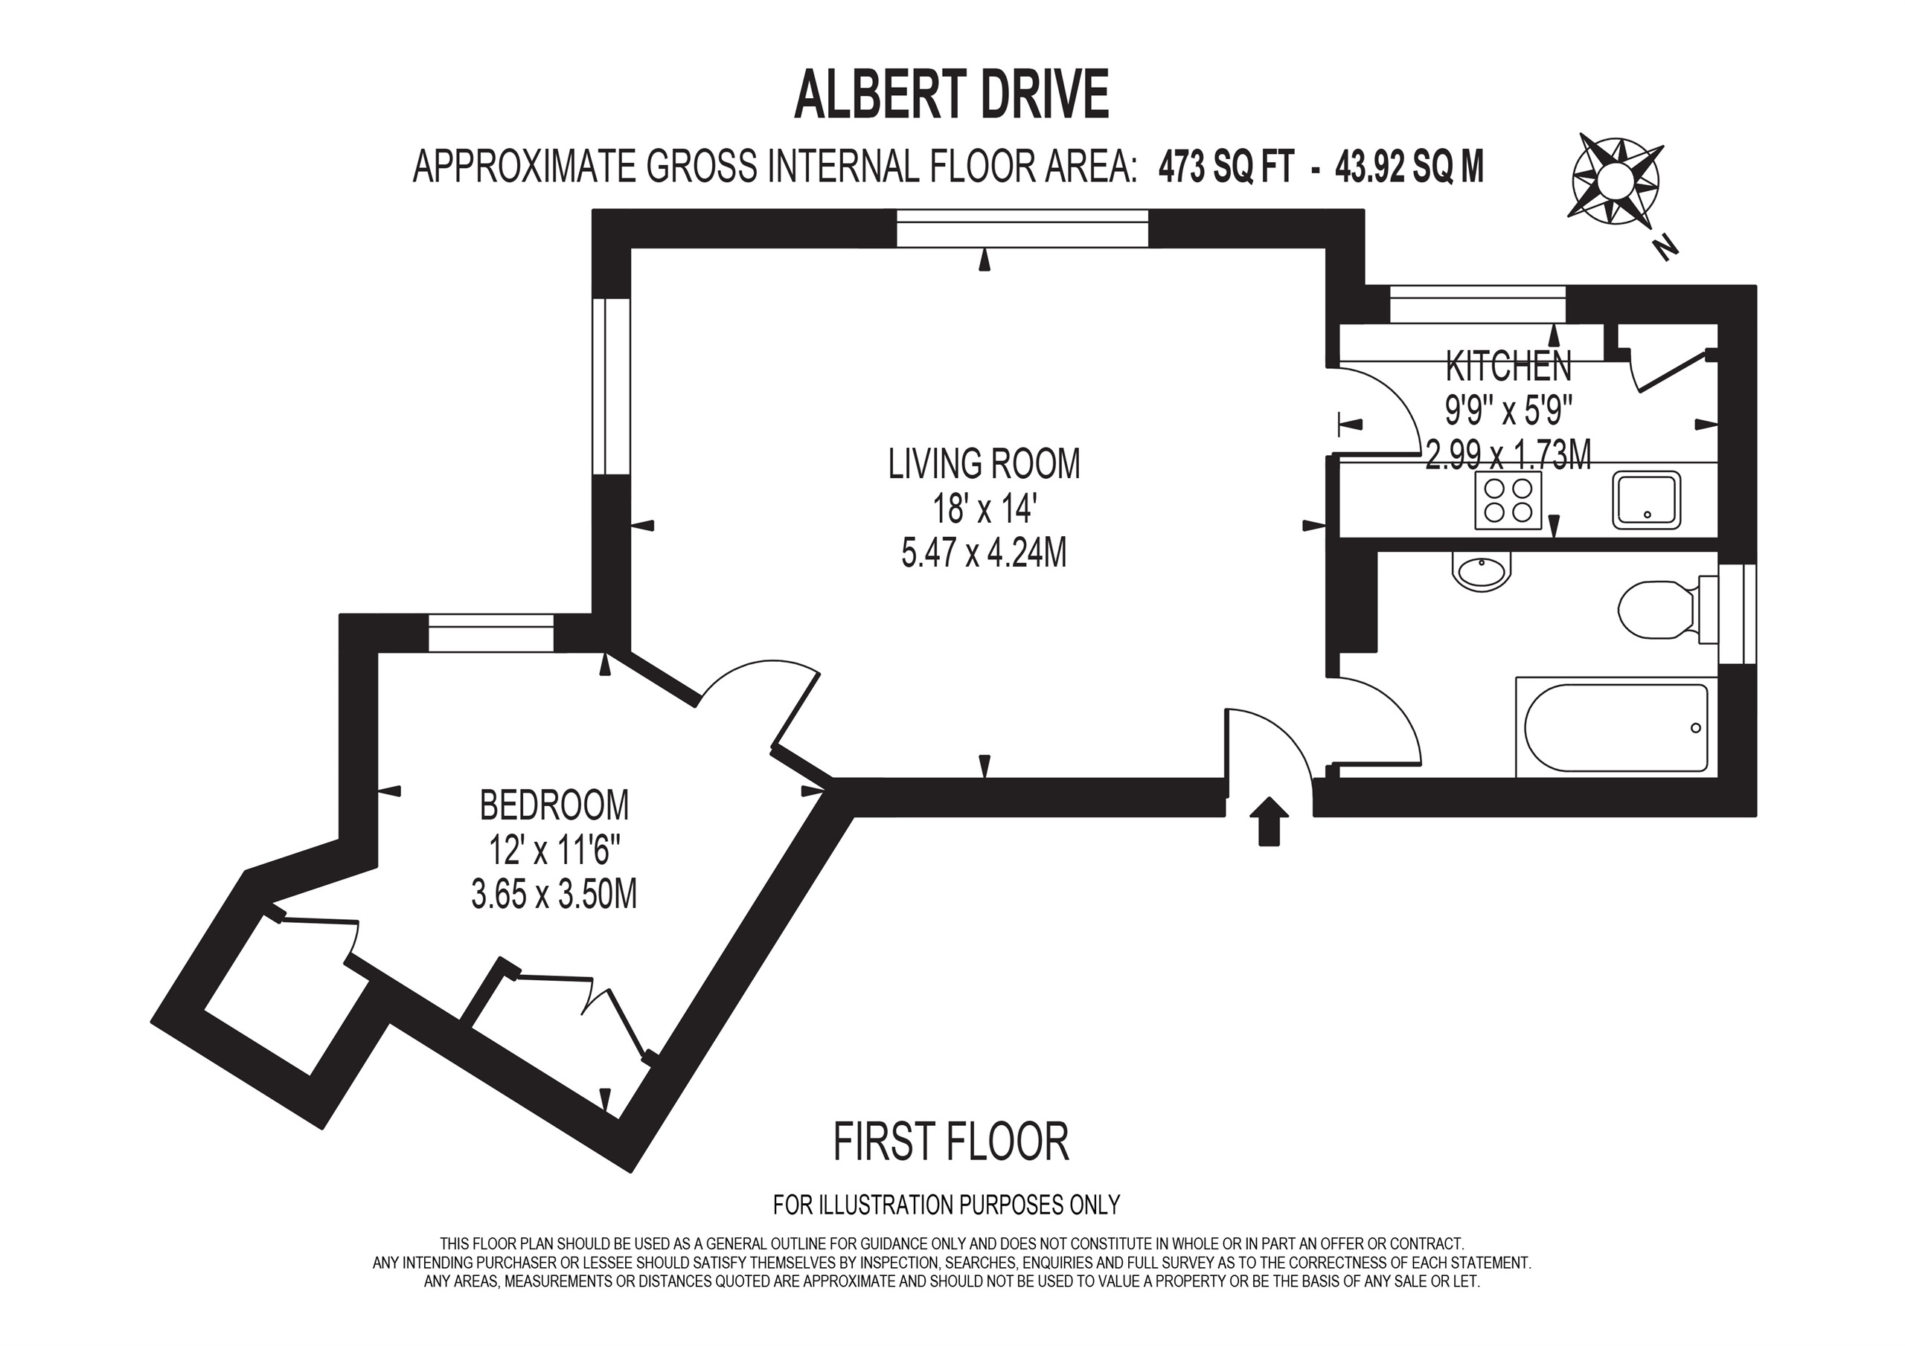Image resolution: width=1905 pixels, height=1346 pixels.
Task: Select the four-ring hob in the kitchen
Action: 1508,500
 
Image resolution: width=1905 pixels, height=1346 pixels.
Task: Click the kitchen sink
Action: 1646,500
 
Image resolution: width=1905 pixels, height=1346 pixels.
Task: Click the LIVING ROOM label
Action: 984,463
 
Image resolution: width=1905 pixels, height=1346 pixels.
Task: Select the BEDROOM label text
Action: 554,805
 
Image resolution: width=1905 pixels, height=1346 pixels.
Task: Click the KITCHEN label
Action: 1508,366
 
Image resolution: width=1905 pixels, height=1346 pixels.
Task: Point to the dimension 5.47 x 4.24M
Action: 984,553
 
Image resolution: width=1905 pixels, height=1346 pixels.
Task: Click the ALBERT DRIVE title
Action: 951,95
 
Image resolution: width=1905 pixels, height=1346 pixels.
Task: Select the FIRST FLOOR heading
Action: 951,1142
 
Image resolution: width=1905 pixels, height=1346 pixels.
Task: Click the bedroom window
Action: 490,634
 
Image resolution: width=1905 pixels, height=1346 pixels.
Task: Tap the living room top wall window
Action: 1022,228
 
